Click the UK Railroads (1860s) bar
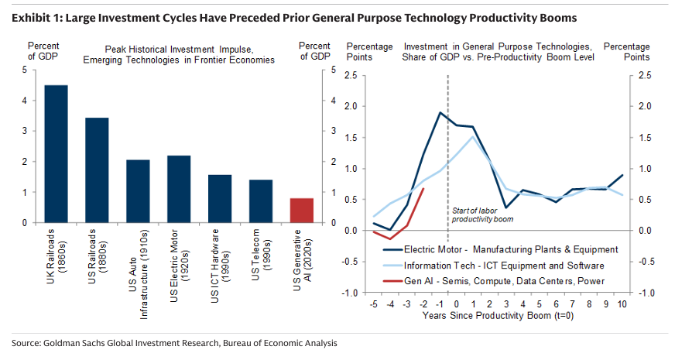[x=56, y=154]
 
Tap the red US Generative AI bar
[x=302, y=211]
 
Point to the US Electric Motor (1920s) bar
[x=179, y=189]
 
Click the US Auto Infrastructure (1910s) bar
[x=138, y=191]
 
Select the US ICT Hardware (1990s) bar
[x=220, y=199]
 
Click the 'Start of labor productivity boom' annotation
[x=484, y=214]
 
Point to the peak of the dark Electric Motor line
[x=440, y=112]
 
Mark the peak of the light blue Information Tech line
[x=473, y=137]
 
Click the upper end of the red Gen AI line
[x=423, y=188]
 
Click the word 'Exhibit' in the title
[x=32, y=17]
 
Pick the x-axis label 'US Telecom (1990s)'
[x=261, y=252]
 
